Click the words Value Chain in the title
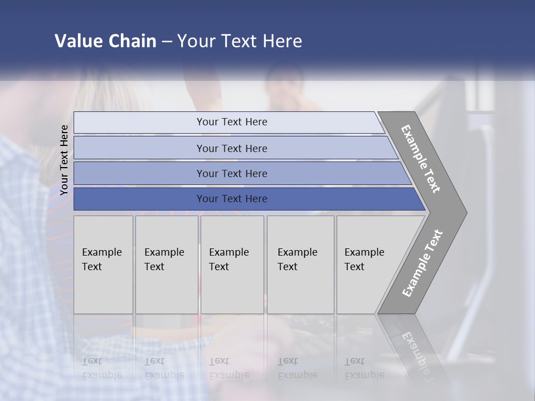coord(105,41)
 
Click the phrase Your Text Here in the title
coord(240,41)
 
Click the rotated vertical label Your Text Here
coord(64,160)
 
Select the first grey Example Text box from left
coord(103,265)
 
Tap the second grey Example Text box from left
coord(166,265)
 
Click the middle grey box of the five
coord(232,265)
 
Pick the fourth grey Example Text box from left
coord(300,265)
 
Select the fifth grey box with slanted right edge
coord(368,265)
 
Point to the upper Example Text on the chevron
coord(421,159)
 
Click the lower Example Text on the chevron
coord(422,263)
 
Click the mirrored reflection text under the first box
coord(101,368)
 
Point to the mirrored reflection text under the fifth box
coord(364,368)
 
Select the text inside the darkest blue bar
coord(232,199)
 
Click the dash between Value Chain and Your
coord(166,42)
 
